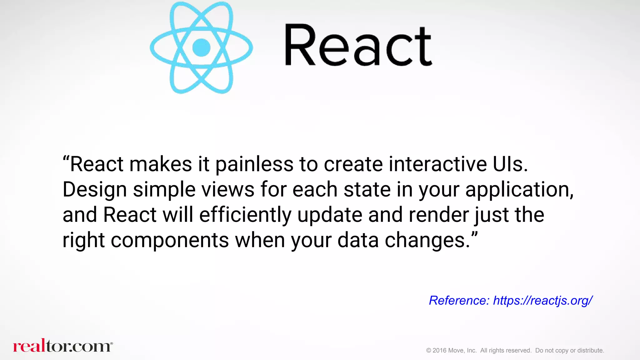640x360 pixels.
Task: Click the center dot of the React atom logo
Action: [201, 47]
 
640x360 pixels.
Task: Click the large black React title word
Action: [358, 45]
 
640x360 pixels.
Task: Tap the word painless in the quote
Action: [254, 164]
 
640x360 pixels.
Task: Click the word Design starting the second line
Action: [95, 190]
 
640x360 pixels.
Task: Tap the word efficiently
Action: [245, 215]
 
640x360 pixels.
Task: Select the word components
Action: [170, 240]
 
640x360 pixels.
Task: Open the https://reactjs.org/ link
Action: [542, 301]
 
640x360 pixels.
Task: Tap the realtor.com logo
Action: [62, 346]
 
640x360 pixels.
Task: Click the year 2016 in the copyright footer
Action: [439, 351]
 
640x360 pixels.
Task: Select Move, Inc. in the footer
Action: [462, 351]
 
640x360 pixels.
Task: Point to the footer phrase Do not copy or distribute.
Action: [569, 351]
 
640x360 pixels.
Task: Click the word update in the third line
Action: [330, 215]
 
